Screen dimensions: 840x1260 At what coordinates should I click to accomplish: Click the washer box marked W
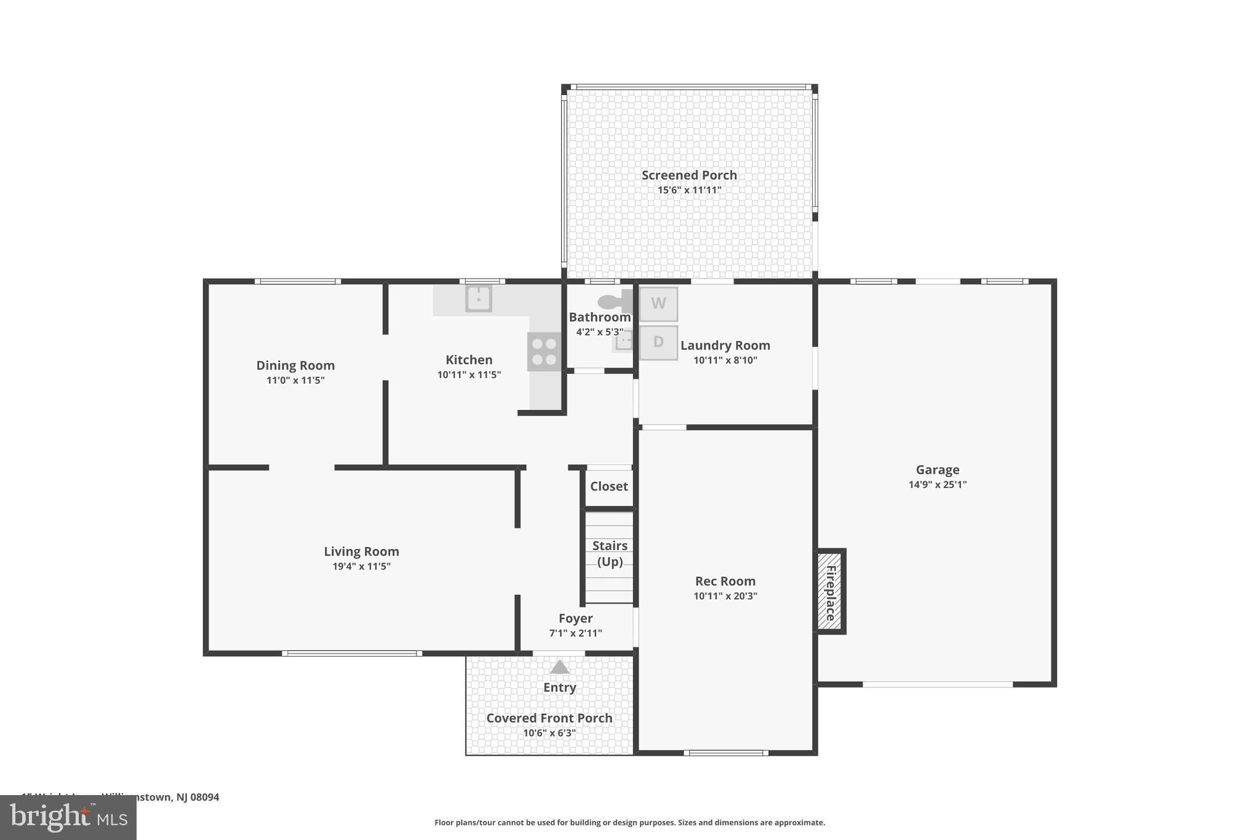pyautogui.click(x=658, y=304)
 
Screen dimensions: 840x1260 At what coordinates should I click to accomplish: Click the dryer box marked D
pyautogui.click(x=658, y=343)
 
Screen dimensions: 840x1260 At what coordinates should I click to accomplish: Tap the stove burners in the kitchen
pyautogui.click(x=544, y=352)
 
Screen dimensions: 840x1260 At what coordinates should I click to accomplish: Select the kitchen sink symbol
pyautogui.click(x=479, y=298)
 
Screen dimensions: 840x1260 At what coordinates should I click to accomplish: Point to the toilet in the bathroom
pyautogui.click(x=612, y=302)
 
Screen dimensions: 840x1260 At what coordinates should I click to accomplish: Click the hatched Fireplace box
pyautogui.click(x=830, y=591)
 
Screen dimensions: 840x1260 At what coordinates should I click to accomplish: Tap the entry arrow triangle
pyautogui.click(x=559, y=668)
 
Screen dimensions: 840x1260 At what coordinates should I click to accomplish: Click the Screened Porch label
pyautogui.click(x=689, y=175)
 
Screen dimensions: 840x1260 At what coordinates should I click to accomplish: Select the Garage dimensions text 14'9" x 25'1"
pyautogui.click(x=937, y=485)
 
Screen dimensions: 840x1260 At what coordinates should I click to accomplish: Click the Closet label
pyautogui.click(x=608, y=487)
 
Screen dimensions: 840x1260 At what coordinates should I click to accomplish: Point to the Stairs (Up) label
pyautogui.click(x=610, y=553)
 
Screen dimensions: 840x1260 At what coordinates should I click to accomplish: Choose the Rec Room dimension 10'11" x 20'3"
pyautogui.click(x=725, y=596)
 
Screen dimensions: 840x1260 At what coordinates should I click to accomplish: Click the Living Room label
pyautogui.click(x=361, y=552)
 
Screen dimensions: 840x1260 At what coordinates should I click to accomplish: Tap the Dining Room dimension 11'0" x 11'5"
pyautogui.click(x=295, y=381)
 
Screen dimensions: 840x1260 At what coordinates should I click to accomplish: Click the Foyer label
pyautogui.click(x=575, y=618)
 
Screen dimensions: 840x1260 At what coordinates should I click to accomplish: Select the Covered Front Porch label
pyautogui.click(x=549, y=718)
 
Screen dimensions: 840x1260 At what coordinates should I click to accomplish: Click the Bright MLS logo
pyautogui.click(x=68, y=817)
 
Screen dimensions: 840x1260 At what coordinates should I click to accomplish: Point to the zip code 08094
pyautogui.click(x=204, y=798)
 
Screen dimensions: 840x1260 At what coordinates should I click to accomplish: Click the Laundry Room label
pyautogui.click(x=725, y=346)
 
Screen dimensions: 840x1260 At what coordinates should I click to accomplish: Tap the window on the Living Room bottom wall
pyautogui.click(x=352, y=654)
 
